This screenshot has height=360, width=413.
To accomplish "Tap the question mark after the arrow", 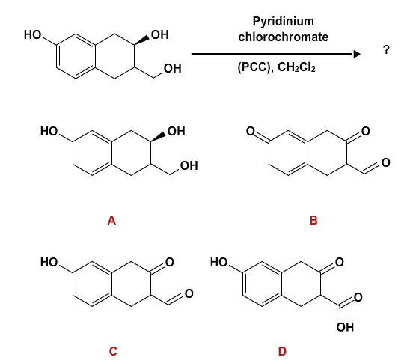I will pos(387,50).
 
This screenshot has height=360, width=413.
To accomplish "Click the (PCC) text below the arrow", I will pos(254,67).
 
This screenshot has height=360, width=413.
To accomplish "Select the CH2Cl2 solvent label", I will pos(299,67).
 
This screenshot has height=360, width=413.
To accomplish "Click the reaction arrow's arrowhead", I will pos(358,54).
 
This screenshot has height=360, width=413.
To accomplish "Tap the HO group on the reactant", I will pos(34,34).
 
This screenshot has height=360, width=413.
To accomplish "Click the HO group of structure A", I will pos(50,132).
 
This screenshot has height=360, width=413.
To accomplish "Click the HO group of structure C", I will pos(50,262).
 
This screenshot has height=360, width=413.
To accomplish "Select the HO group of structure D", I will pos(221,262).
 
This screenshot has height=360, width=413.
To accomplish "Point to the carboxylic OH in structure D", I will pos(345,327).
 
